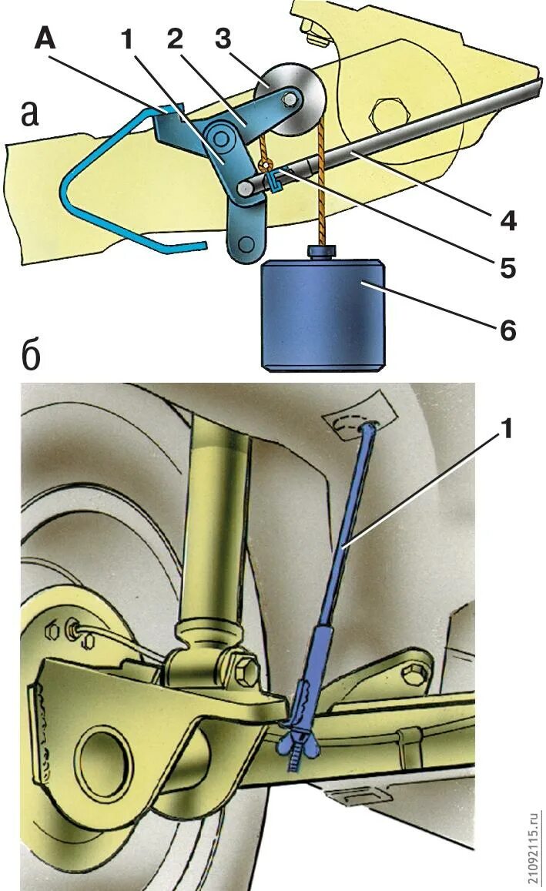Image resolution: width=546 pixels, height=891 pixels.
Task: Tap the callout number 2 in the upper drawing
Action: [176, 40]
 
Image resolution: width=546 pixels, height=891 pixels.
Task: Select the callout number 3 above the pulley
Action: [223, 40]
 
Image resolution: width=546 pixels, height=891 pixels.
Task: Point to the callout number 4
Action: [507, 220]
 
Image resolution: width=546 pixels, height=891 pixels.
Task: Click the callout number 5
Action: [507, 270]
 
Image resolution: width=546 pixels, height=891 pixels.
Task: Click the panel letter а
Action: [28, 114]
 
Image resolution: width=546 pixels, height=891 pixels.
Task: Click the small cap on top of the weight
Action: [322, 253]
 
